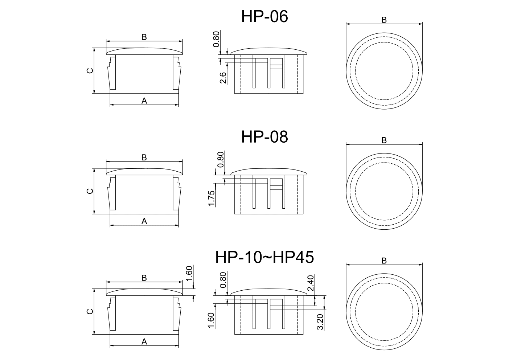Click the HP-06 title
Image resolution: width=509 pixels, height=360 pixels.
coord(264,17)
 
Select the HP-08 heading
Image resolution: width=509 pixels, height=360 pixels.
coord(264,137)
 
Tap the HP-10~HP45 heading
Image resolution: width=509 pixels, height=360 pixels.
coord(264,257)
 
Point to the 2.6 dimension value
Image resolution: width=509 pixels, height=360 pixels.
coord(223,78)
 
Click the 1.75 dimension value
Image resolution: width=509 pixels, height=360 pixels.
coord(212,198)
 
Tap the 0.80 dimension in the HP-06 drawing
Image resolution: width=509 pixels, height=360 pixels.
coord(216,40)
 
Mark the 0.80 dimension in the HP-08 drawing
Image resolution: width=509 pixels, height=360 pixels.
coord(221,160)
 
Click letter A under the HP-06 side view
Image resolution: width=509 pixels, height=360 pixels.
coord(144,101)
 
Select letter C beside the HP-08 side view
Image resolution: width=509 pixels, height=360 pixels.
coord(90,191)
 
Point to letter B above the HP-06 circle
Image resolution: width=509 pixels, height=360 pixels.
coord(384,20)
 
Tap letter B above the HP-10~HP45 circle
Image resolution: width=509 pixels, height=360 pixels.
coord(384,261)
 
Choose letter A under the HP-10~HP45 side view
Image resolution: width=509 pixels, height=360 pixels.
coord(144,341)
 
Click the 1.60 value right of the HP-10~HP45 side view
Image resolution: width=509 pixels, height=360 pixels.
coord(189,274)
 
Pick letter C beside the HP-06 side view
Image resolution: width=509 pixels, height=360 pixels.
coord(90,70)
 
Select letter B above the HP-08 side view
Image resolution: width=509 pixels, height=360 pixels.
coord(144,157)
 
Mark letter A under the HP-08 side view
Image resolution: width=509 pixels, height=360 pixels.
coord(144,221)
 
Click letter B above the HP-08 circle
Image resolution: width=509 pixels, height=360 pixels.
coord(384,140)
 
